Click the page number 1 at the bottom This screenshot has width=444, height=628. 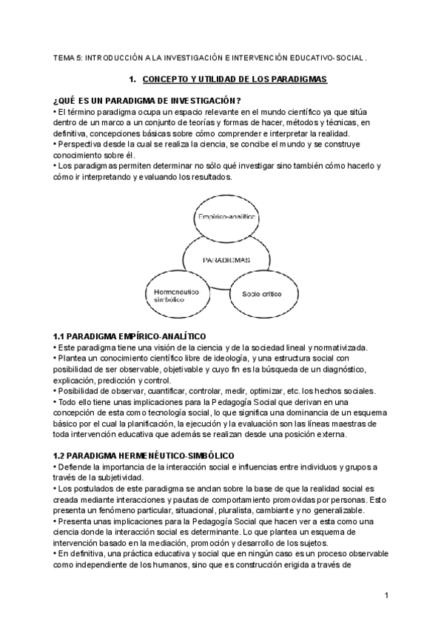[x=386, y=596]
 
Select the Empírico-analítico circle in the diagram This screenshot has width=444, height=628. [x=226, y=217]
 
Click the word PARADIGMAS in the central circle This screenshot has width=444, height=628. [x=226, y=260]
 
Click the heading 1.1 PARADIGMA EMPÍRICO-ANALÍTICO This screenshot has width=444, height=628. [x=129, y=337]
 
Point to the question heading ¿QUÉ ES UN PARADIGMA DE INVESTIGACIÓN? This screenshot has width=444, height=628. [x=147, y=101]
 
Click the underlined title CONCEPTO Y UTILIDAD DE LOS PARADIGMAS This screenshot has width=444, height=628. [x=235, y=78]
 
